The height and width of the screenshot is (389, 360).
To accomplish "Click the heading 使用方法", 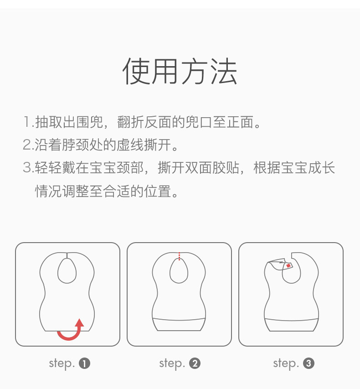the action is click(180, 72).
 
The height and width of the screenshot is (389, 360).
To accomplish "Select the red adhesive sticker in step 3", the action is click(288, 266).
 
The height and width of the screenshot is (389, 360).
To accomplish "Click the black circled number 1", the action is click(85, 364).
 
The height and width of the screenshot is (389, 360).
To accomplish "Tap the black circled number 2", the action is click(195, 364).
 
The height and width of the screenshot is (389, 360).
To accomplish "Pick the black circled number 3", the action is click(309, 364).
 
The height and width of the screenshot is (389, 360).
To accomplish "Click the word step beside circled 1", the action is click(62, 364).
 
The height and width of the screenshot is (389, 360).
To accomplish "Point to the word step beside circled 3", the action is click(286, 364).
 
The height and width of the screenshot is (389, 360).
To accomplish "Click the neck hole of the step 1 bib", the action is click(67, 283).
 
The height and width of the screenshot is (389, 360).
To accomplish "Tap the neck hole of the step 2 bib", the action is click(179, 283).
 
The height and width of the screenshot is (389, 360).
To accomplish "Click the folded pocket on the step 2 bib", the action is click(179, 325).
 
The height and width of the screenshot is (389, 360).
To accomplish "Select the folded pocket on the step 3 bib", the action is click(291, 325).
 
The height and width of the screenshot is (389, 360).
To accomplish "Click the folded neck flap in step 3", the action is click(280, 265).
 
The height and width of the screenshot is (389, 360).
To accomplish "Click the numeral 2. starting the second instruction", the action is click(28, 145).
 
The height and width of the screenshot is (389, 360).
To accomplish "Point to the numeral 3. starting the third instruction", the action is click(28, 168).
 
